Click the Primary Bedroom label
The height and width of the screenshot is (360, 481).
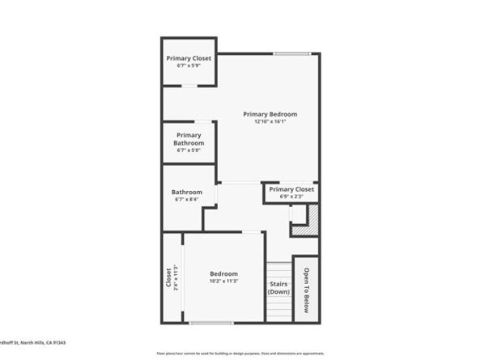point(270,114)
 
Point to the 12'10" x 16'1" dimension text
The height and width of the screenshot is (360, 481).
point(270,122)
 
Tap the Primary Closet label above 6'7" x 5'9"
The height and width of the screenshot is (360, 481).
point(188,58)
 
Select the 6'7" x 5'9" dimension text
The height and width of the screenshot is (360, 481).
point(188,66)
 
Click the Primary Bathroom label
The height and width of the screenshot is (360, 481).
point(188,139)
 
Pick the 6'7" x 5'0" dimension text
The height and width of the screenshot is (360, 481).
point(188,150)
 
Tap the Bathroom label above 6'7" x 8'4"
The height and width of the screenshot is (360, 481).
point(188,192)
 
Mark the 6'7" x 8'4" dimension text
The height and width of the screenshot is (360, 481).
point(188,200)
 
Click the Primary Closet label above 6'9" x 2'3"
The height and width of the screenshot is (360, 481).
point(292,188)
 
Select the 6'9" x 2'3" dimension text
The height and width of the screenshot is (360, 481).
point(292,197)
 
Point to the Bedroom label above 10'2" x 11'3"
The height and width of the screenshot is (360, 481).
point(223,274)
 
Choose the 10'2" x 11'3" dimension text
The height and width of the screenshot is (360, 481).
point(223,282)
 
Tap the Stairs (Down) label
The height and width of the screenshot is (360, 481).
point(279,288)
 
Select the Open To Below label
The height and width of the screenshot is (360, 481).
point(306,290)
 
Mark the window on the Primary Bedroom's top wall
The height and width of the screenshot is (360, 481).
point(291,54)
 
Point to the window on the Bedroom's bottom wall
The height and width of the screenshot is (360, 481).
point(214,323)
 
